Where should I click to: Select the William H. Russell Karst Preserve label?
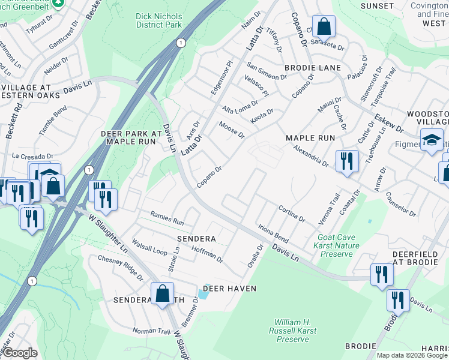click(293, 331)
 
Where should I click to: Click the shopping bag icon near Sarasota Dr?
click(324, 27)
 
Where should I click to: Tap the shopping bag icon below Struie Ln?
click(162, 294)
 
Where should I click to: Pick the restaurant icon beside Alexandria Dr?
click(347, 161)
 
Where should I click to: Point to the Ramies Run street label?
click(167, 221)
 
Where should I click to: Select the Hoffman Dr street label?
click(207, 256)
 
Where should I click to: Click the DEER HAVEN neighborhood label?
click(229, 289)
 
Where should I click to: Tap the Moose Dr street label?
click(232, 130)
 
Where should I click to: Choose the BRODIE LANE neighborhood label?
click(312, 68)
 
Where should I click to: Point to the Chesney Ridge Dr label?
click(121, 268)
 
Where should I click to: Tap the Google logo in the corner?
click(20, 353)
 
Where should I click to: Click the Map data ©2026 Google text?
click(411, 355)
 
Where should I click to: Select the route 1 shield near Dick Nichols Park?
click(180, 41)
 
